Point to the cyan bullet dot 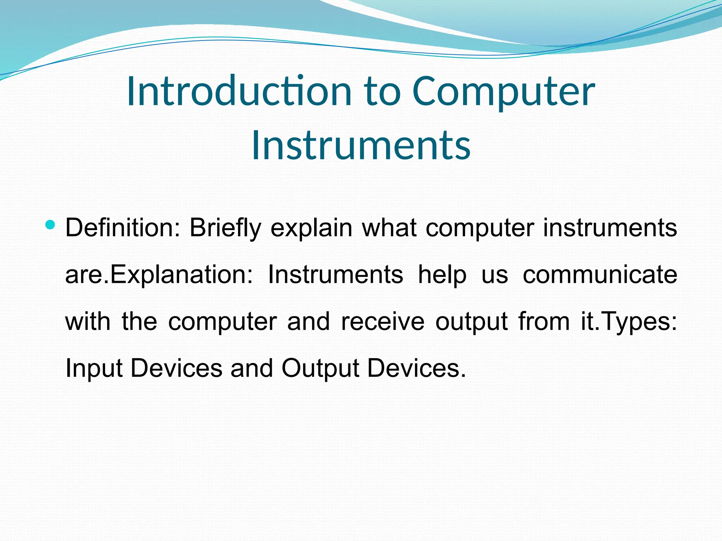[50, 224]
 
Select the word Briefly [226, 228]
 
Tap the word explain [311, 228]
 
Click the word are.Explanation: [159, 275]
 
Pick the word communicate [600, 274]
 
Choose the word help [442, 275]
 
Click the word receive [383, 321]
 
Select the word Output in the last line [320, 368]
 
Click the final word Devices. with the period [416, 368]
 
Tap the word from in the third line [544, 321]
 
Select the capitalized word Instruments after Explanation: [335, 274]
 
